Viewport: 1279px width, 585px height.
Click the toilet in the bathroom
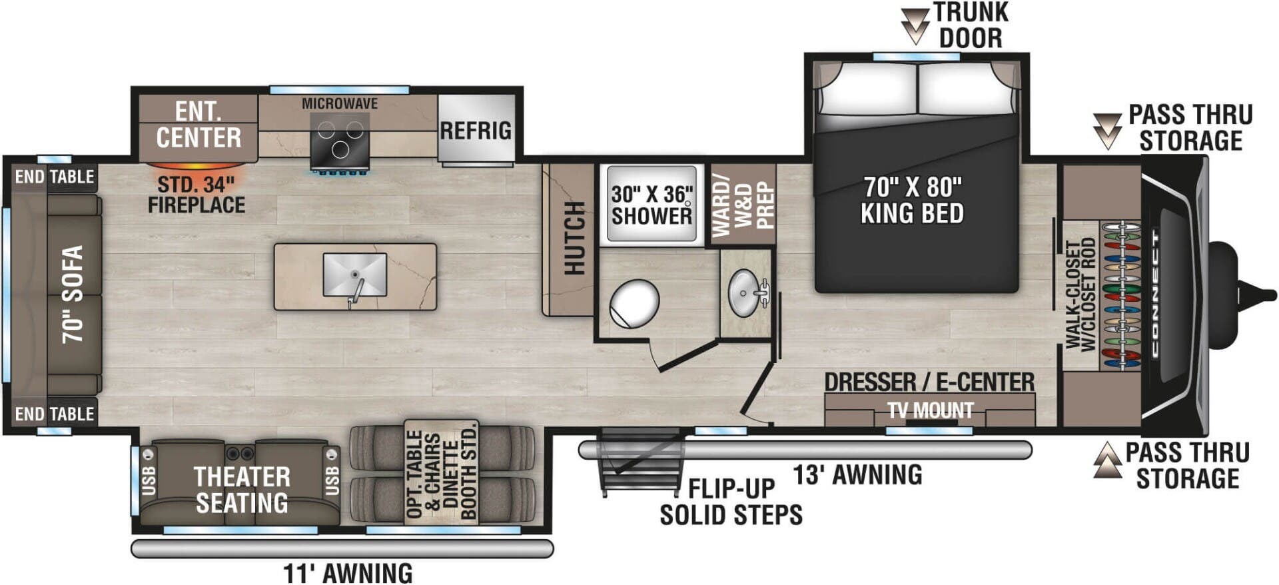point(634,304)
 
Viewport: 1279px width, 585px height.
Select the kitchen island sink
point(354,275)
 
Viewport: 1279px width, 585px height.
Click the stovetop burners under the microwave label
point(340,140)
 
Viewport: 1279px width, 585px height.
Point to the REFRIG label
point(476,131)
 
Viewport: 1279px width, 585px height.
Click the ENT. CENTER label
point(199,125)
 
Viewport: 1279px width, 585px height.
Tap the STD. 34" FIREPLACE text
point(196,195)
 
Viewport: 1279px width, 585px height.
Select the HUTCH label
point(574,238)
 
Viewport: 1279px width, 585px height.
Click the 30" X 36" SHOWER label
point(651,205)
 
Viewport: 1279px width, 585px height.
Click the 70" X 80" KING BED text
point(912,200)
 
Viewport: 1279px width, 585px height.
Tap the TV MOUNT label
point(930,410)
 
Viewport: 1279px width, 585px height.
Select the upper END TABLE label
point(55,177)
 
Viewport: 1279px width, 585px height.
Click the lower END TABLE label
point(55,414)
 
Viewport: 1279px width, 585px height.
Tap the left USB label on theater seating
point(149,480)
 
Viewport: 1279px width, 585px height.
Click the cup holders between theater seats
point(240,454)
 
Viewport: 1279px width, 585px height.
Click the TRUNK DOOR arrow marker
point(915,26)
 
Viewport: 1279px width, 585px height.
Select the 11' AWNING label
point(348,573)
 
